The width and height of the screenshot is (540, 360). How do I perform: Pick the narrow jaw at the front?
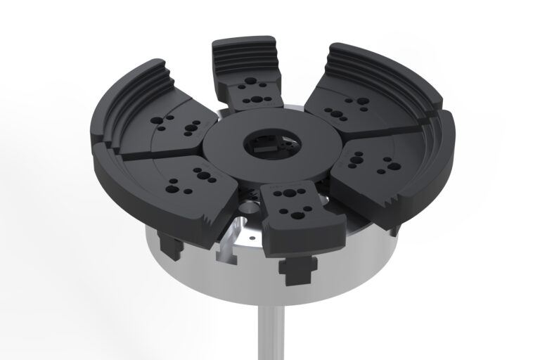click(292, 214)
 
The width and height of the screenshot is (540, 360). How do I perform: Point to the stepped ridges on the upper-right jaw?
click(380, 63)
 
